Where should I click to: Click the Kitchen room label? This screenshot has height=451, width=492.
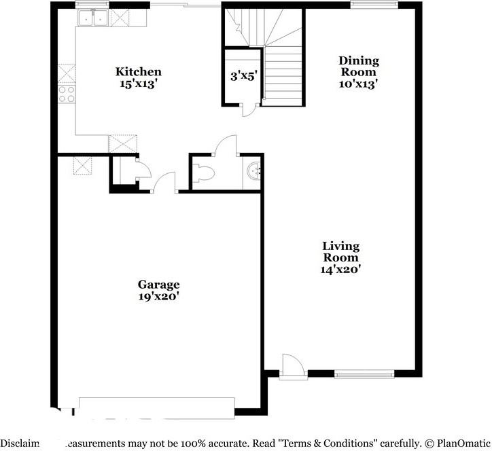click(x=138, y=71)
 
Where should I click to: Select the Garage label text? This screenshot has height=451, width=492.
click(x=158, y=284)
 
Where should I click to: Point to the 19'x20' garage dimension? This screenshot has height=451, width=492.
click(x=158, y=296)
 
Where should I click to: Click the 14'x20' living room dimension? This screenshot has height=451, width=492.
click(x=340, y=269)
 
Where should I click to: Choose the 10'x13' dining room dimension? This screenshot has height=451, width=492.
click(x=358, y=84)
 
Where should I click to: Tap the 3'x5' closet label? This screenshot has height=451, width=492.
click(x=243, y=76)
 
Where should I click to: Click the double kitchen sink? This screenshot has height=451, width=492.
click(x=93, y=18)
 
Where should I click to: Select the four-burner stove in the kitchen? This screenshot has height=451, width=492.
click(x=67, y=94)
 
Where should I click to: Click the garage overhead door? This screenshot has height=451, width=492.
click(x=157, y=405)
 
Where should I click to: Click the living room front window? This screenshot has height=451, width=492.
click(x=364, y=373)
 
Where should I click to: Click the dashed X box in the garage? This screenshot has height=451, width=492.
click(x=83, y=166)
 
